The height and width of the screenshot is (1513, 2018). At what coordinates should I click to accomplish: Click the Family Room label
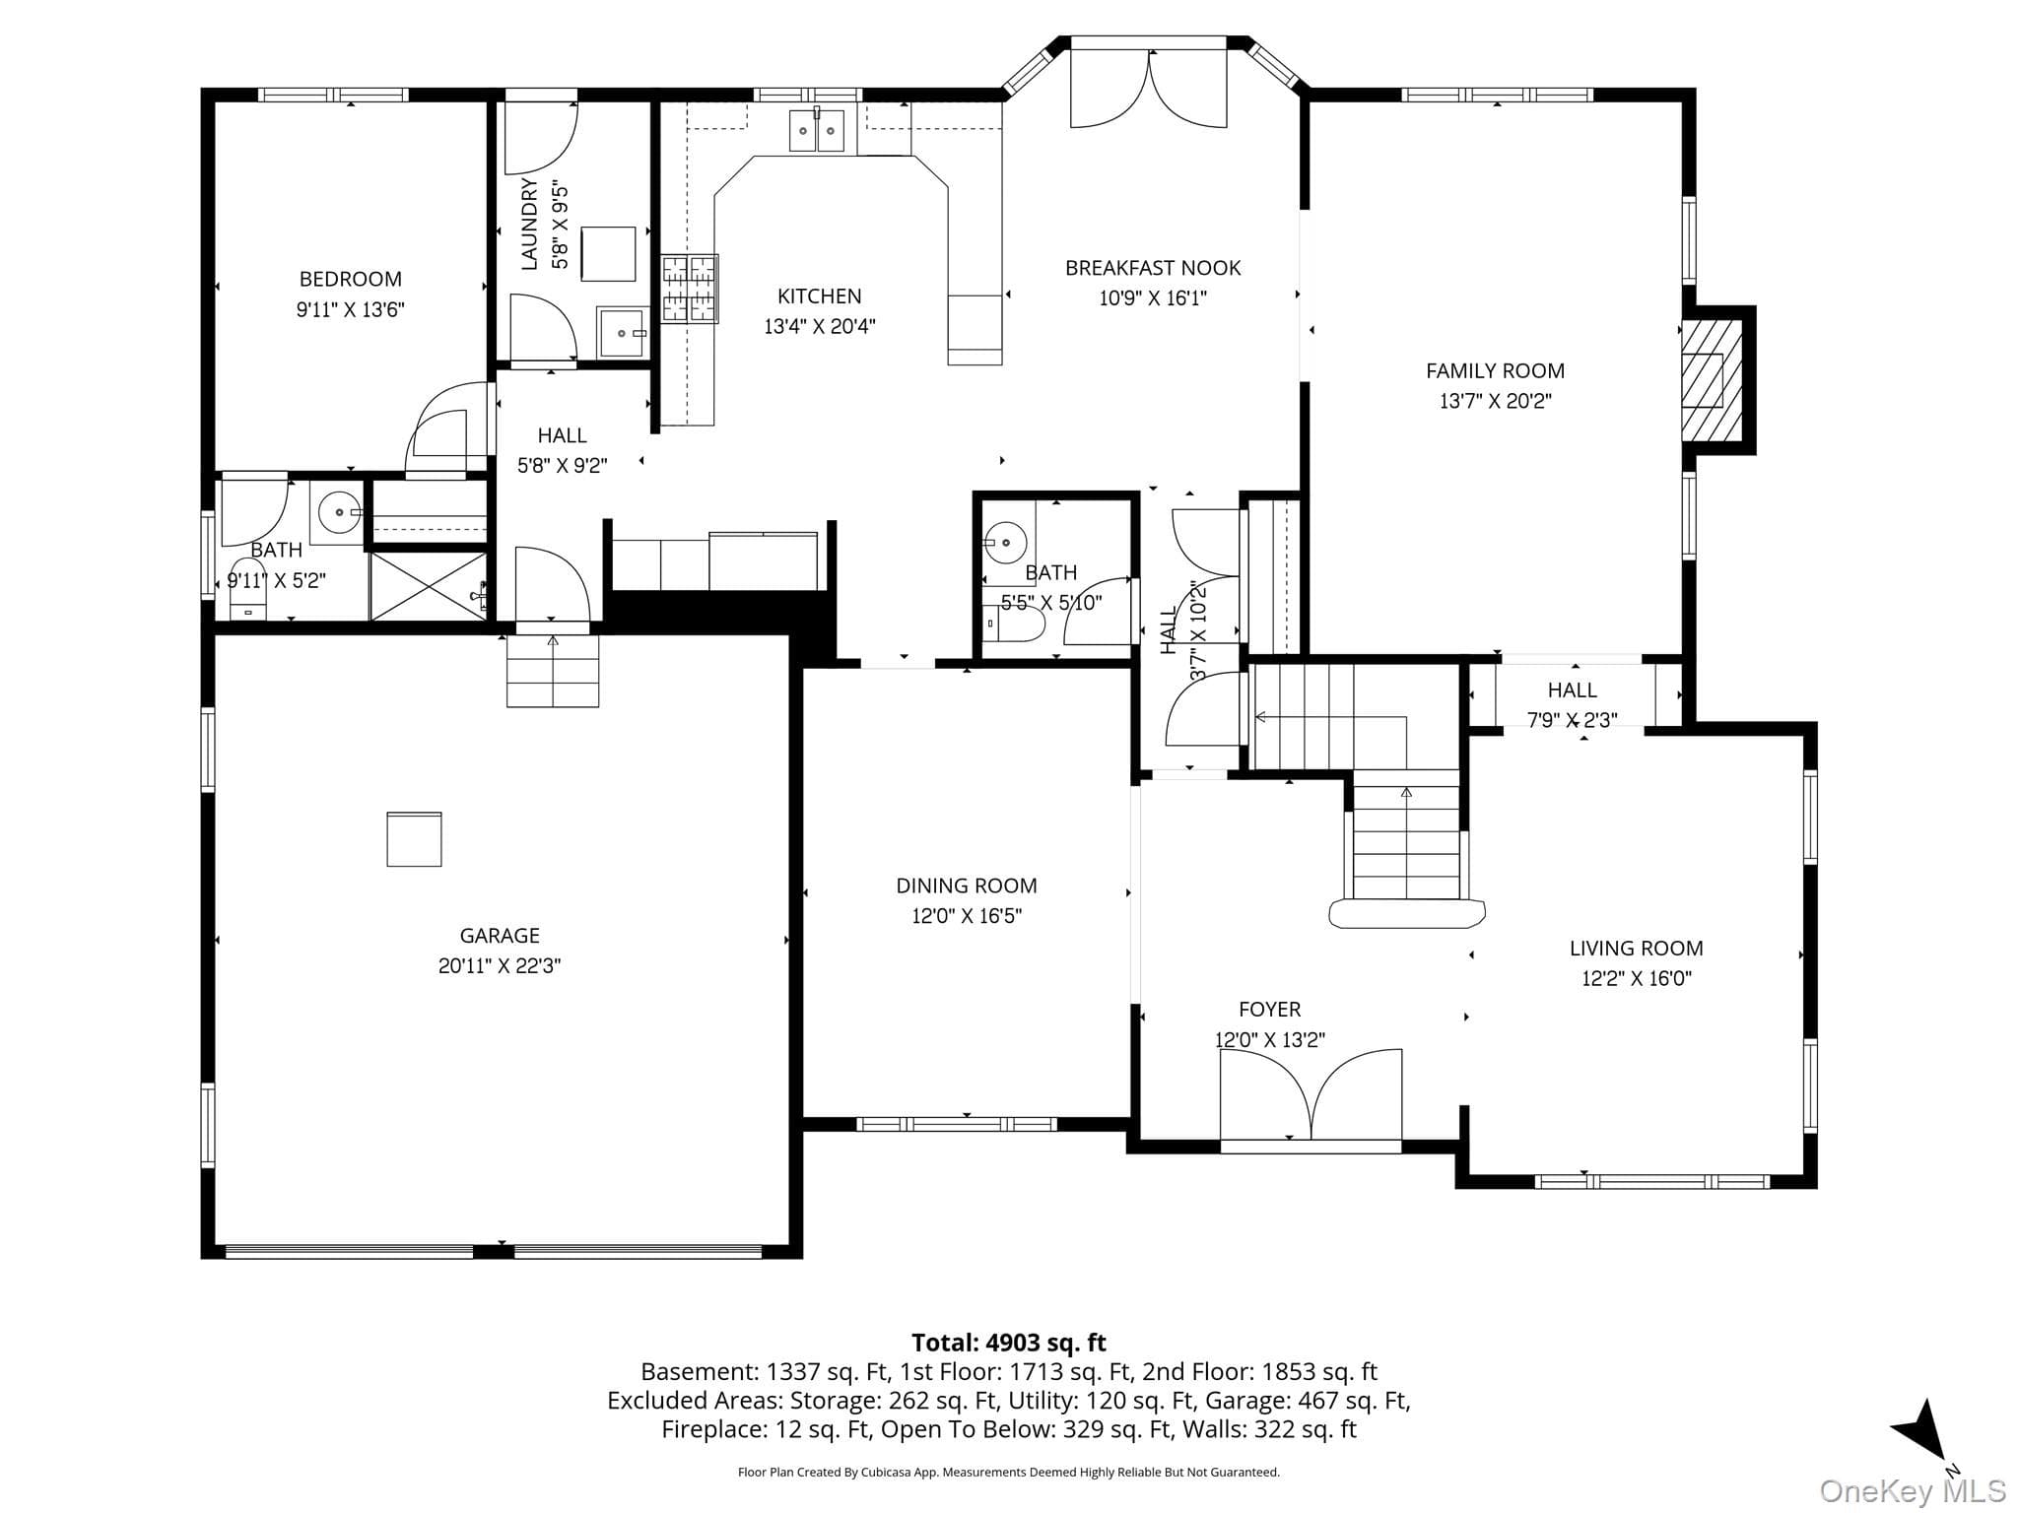(1495, 371)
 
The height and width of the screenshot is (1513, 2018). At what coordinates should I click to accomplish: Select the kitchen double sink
(817, 131)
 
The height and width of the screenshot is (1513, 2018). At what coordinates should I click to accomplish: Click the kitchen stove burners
(690, 289)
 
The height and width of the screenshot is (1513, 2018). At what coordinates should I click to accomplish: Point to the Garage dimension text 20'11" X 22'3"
(500, 966)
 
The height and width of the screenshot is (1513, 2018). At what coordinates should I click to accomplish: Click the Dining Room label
(967, 886)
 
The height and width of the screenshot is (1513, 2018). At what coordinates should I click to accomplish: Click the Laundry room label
(529, 224)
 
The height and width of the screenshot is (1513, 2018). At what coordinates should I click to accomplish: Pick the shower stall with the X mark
(429, 586)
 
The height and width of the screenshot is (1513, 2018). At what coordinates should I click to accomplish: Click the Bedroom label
(351, 279)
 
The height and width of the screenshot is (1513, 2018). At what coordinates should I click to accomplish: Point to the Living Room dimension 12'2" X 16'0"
(1637, 978)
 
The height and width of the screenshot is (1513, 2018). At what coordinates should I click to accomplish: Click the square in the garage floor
(414, 839)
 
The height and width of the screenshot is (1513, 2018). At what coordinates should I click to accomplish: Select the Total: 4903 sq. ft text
(1009, 1343)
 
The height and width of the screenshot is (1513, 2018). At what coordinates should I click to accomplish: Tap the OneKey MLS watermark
(1912, 1490)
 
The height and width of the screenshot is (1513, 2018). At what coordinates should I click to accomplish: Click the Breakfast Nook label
(1153, 268)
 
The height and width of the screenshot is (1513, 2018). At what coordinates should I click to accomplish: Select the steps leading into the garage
(553, 671)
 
